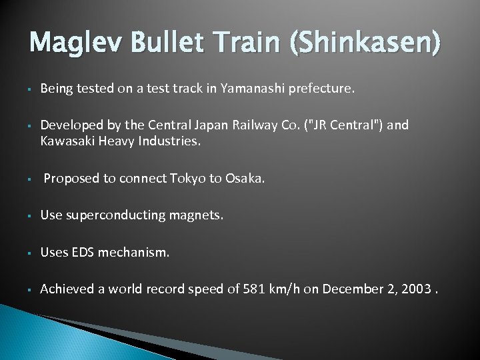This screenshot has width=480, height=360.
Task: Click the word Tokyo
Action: (189, 178)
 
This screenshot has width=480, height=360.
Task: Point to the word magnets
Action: (198, 215)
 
